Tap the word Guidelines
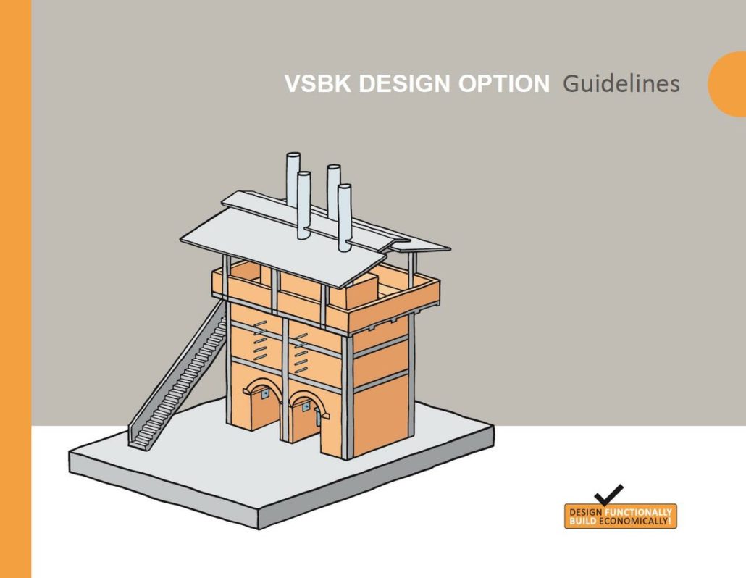point(621,84)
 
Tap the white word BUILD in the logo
point(579,522)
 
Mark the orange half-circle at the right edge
point(728,84)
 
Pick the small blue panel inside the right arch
point(317,410)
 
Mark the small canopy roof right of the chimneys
point(419,245)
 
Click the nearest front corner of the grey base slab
point(257,519)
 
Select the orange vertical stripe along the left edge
point(15,289)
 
